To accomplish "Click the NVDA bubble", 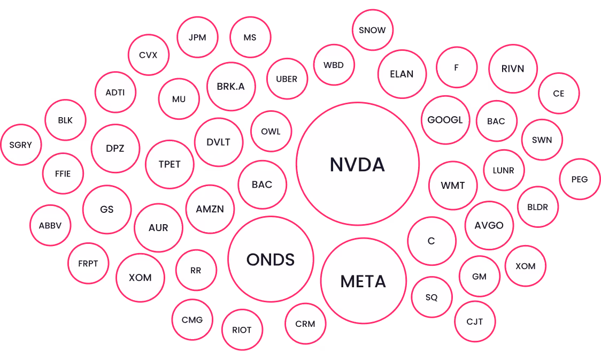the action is pyautogui.click(x=358, y=164).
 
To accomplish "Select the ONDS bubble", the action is pyautogui.click(x=271, y=259).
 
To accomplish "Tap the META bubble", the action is pyautogui.click(x=364, y=281).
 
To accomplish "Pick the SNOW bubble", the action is pyautogui.click(x=373, y=30).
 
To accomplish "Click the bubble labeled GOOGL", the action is pyautogui.click(x=445, y=120).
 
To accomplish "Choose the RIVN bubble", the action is pyautogui.click(x=513, y=68).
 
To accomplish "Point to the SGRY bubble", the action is pyautogui.click(x=21, y=144).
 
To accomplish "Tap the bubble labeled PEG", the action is pyautogui.click(x=580, y=179).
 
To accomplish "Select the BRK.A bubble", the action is pyautogui.click(x=231, y=86).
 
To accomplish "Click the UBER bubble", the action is pyautogui.click(x=287, y=79).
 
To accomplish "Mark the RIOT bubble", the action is pyautogui.click(x=242, y=330).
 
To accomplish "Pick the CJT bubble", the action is pyautogui.click(x=475, y=321).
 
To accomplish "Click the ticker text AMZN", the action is pyautogui.click(x=210, y=209).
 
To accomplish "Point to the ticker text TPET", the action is pyautogui.click(x=169, y=164).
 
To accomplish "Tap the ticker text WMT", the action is pyautogui.click(x=453, y=186).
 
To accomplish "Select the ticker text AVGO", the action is pyautogui.click(x=489, y=225).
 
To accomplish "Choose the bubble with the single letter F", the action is pyautogui.click(x=457, y=67).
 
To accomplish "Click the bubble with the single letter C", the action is pyautogui.click(x=432, y=241).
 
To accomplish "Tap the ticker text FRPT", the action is pyautogui.click(x=88, y=263).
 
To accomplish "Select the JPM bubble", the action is pyautogui.click(x=197, y=37).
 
